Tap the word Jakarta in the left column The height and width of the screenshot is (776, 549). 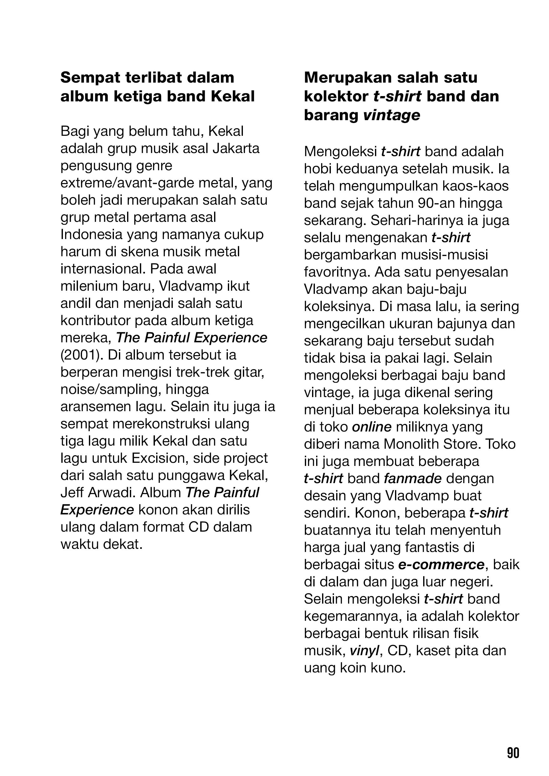click(236, 149)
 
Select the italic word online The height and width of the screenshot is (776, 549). click(372, 427)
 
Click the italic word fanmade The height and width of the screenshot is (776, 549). click(413, 478)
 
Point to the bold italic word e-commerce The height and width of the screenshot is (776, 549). click(442, 565)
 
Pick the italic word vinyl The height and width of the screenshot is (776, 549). click(364, 651)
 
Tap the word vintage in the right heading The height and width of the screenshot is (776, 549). click(392, 115)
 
